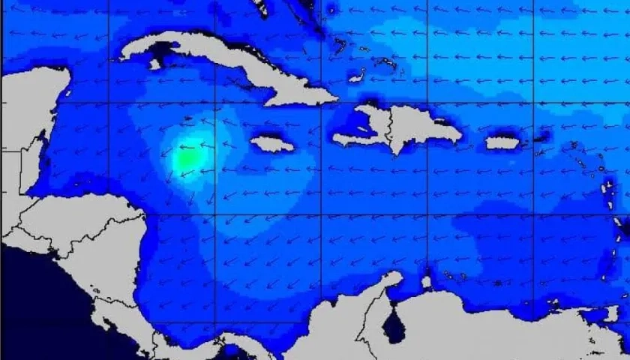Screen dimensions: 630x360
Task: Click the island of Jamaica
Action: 271,143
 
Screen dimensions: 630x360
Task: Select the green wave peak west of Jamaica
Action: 186,158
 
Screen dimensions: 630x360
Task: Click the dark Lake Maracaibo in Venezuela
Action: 393,327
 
